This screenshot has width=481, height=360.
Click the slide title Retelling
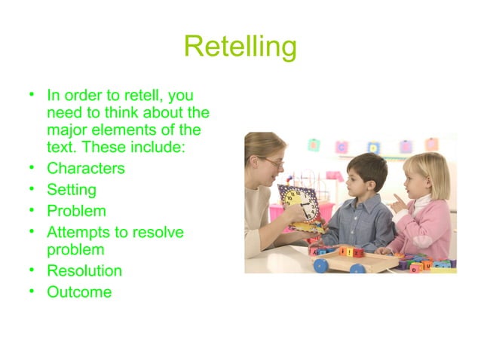click(240, 47)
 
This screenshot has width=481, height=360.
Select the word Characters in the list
click(85, 168)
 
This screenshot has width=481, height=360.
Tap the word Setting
click(71, 190)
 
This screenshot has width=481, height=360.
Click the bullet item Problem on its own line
click(76, 211)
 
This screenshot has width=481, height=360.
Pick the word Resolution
click(84, 270)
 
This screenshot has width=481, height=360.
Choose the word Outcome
click(78, 291)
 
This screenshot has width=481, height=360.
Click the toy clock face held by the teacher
click(299, 203)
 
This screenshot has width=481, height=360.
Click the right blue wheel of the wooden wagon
click(358, 268)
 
